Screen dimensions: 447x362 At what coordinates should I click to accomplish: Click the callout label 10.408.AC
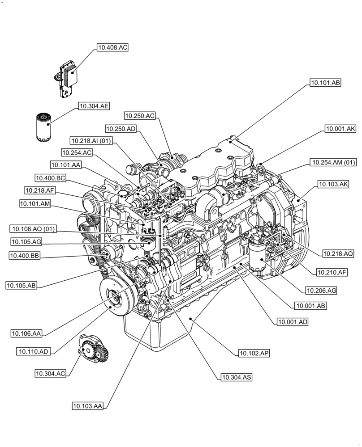click(112, 47)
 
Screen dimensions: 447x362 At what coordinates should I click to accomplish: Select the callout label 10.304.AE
click(94, 106)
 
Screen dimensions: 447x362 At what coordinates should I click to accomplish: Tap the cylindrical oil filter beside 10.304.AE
click(43, 128)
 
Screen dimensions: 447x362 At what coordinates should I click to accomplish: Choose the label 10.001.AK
click(340, 129)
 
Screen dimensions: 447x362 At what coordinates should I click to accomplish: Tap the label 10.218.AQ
click(338, 253)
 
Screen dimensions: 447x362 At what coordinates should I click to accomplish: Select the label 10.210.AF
click(332, 271)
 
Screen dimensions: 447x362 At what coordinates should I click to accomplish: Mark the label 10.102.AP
click(254, 353)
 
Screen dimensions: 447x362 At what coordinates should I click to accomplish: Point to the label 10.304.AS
click(236, 377)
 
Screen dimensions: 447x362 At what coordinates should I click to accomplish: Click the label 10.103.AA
click(88, 406)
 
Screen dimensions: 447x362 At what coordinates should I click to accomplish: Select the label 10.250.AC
click(140, 116)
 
